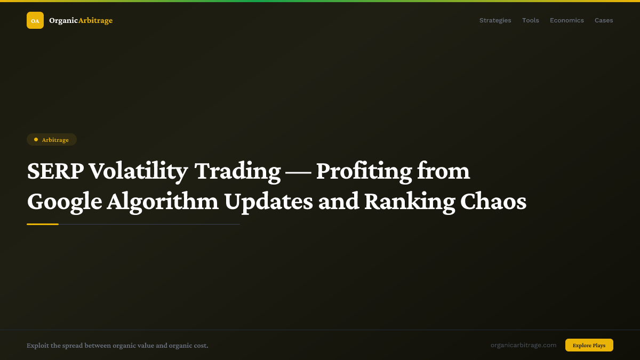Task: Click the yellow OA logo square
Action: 35,20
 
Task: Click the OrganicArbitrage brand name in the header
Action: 81,20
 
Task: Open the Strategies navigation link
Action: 495,20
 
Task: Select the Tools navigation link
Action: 530,20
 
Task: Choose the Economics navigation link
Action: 566,20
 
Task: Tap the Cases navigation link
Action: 604,20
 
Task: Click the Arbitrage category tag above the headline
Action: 52,140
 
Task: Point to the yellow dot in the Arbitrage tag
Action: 36,140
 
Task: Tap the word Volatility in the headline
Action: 138,172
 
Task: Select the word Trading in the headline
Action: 237,172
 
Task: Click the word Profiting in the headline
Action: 364,172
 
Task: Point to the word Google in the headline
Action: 64,202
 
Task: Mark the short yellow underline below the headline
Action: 43,224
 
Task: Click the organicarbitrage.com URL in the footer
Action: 523,345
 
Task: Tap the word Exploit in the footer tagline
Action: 37,346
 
